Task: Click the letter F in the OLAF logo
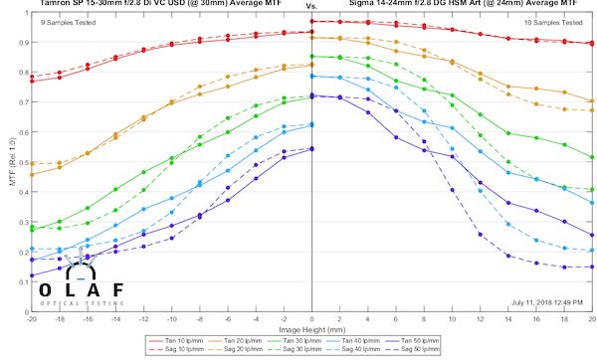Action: [118, 289]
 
